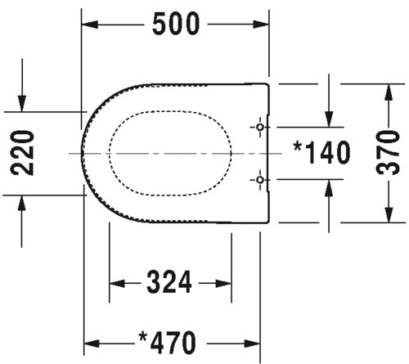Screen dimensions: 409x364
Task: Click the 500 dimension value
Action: pos(176,25)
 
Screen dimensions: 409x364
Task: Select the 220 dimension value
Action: pos(22,153)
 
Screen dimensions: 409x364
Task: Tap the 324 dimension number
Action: pos(169,282)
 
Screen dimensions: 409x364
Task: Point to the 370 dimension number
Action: pos(388,153)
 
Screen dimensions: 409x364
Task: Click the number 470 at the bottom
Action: pos(173,343)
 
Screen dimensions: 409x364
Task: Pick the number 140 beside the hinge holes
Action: pos(327,153)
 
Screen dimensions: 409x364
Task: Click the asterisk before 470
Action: pos(143,337)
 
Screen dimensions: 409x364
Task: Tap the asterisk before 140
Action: pos(297,147)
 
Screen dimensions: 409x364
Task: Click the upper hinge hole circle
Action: pos(260,127)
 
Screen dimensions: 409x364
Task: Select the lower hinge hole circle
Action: pos(260,180)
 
